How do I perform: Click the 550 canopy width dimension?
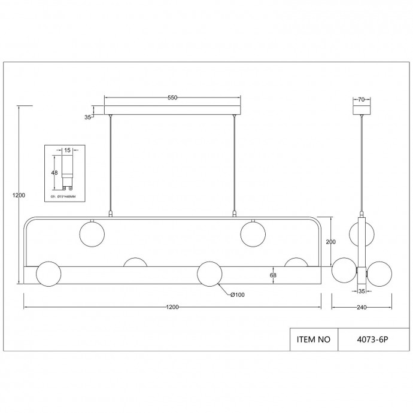[172, 98]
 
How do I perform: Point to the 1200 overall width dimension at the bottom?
[172, 307]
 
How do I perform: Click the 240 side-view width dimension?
[361, 307]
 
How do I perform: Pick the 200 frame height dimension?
[330, 241]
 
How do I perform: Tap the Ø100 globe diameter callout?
[238, 294]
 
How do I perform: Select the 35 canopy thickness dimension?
[88, 117]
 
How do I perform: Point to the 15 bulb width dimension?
[68, 151]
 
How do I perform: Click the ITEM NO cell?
[314, 339]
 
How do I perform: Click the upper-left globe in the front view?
[92, 232]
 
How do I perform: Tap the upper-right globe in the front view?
[253, 232]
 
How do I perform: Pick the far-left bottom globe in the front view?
[48, 274]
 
